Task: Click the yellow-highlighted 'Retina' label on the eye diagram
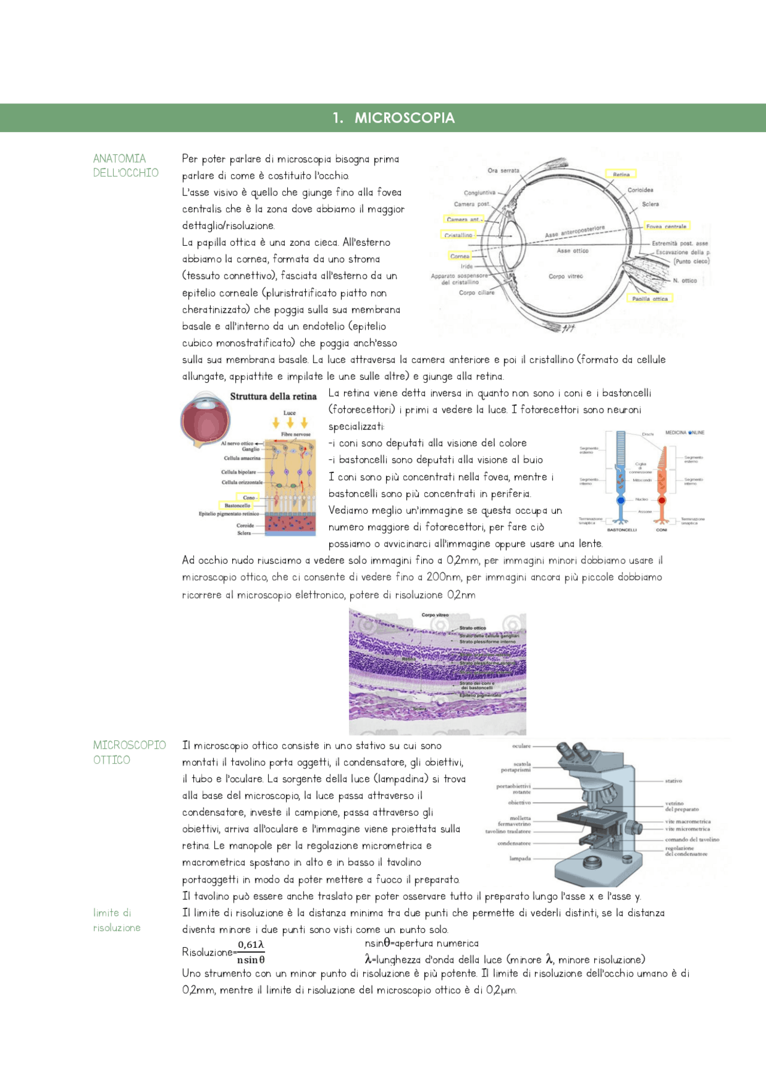621,175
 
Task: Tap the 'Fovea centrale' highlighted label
666,227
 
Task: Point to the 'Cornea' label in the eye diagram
460,256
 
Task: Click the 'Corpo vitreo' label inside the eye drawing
565,276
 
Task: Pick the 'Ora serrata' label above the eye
503,171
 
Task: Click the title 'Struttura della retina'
273,396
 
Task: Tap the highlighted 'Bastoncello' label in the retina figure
237,505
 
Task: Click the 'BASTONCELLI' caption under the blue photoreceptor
622,530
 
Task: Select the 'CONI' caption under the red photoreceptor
661,530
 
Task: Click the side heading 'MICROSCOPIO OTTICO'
129,752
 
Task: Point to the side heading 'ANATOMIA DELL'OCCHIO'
126,166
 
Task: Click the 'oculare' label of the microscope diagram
521,746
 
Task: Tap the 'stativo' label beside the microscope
673,781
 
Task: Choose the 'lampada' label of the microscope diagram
520,859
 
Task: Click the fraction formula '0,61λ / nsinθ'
251,952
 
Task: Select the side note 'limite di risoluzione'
117,920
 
